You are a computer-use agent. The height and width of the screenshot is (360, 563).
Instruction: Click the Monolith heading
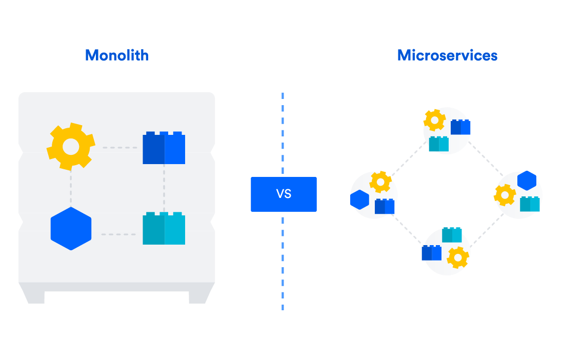click(117, 55)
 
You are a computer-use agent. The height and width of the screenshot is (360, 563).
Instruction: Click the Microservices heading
click(447, 55)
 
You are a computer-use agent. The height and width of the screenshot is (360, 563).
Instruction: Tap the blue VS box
click(284, 194)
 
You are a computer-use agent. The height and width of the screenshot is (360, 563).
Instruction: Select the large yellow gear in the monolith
click(71, 147)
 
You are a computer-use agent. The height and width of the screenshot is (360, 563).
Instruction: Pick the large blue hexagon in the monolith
click(71, 229)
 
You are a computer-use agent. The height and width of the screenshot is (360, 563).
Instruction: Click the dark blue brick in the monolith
click(164, 148)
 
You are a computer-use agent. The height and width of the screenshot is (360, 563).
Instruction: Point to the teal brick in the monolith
click(164, 229)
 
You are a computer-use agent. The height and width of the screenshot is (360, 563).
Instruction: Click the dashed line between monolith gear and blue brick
click(119, 148)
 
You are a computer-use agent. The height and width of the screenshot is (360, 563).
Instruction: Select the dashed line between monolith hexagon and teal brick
click(118, 234)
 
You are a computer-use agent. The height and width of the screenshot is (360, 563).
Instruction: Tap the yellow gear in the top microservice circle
click(435, 121)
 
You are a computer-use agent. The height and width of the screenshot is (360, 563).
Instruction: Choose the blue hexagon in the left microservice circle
click(360, 199)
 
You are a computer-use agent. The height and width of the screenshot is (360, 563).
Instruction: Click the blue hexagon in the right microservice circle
click(527, 181)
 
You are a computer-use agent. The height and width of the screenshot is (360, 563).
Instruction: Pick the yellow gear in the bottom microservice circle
click(457, 257)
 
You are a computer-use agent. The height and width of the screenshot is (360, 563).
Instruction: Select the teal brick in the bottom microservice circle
click(452, 235)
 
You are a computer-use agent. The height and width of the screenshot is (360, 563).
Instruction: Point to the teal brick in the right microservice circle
click(530, 204)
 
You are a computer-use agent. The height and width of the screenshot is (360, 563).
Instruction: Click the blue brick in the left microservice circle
click(385, 206)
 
